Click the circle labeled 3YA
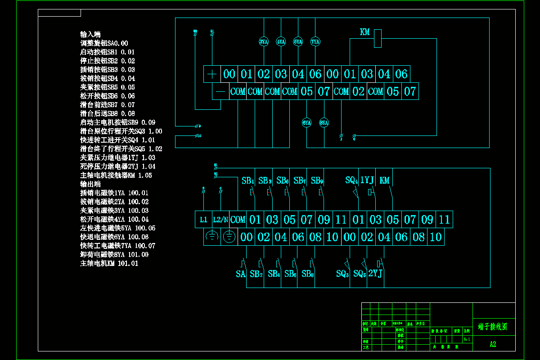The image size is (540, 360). point(264,42)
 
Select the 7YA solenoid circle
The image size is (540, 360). point(315,42)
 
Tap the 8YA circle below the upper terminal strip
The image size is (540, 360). point(324,122)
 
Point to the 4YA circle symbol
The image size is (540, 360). point(281,42)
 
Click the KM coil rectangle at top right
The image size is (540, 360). point(378,38)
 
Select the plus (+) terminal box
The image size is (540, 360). point(212,74)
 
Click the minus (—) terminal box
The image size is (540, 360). point(220,91)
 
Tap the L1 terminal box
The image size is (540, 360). point(203,220)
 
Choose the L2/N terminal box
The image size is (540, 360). point(220,220)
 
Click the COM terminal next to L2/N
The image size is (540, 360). point(238,220)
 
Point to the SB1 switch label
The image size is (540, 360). point(248,181)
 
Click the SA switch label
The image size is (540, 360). point(241,274)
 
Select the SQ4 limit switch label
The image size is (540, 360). point(351,180)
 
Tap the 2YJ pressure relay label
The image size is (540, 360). point(375,274)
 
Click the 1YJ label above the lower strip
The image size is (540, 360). point(367,180)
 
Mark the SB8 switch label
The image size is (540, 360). point(307,274)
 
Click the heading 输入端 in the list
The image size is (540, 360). point(90,34)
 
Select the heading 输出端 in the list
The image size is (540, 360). point(90,184)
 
